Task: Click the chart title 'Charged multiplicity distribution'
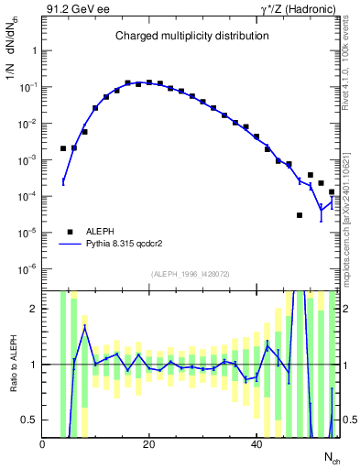(191, 36)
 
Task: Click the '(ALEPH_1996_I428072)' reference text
(191, 273)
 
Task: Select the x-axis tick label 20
(149, 445)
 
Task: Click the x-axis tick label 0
(43, 445)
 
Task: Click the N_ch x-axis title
(331, 457)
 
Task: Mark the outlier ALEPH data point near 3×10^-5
(300, 215)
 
